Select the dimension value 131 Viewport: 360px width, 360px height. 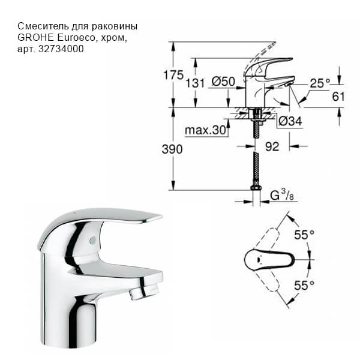pos(195,83)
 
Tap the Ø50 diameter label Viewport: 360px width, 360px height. pos(223,82)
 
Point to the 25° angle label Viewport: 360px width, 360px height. pos(320,83)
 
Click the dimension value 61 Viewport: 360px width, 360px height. pos(339,96)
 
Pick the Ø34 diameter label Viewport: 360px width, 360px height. pos(290,122)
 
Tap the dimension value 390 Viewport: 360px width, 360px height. pos(172,149)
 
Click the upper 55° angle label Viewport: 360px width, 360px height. pos(304,234)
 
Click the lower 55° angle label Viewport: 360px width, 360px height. pos(304,286)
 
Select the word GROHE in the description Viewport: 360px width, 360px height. pos(35,38)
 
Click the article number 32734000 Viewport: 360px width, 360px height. pos(64,49)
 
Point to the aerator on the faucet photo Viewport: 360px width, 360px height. pos(137,293)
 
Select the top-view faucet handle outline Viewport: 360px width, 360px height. pos(269,260)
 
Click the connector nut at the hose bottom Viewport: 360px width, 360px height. pos(256,191)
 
